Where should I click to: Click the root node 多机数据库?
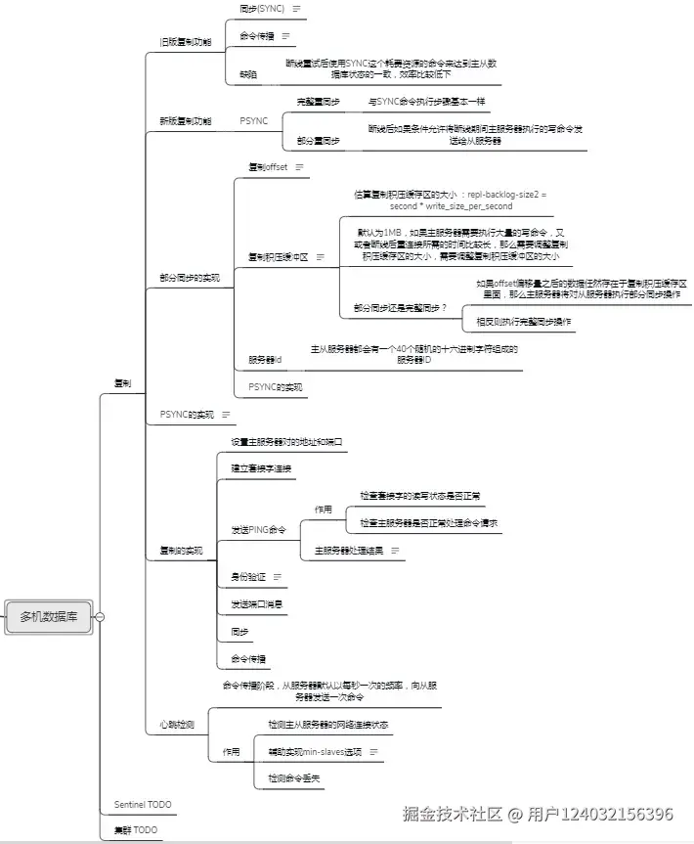point(49,617)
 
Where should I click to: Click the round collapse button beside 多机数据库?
point(100,617)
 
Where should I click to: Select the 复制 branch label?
point(122,383)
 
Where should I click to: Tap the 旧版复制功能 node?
point(185,42)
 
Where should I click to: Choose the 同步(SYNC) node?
point(261,8)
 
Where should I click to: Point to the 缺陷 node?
point(248,73)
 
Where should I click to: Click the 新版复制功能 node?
point(185,121)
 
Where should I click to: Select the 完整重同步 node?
point(319,102)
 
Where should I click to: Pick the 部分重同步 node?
point(319,141)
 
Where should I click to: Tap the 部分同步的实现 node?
point(190,278)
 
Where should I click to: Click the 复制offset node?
point(268,167)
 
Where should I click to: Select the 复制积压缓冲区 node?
point(279,257)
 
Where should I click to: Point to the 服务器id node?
point(265,360)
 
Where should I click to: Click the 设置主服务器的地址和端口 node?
point(286,442)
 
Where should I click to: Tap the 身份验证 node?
point(248,577)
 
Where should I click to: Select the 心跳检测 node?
point(177,725)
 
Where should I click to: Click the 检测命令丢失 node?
point(294,778)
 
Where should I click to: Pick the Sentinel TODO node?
point(143,805)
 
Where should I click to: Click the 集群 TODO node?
point(135,830)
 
